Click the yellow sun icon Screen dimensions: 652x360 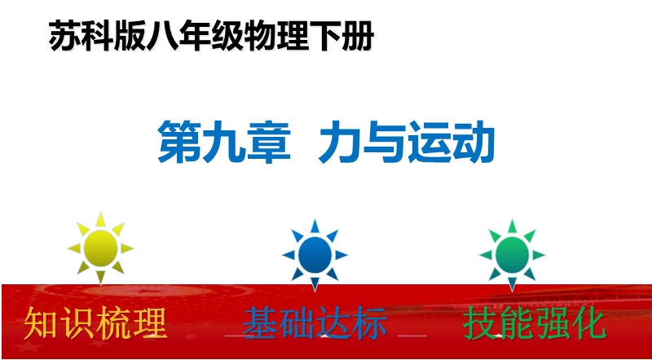100,248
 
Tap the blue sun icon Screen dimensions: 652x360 315,255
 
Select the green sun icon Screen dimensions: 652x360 512,255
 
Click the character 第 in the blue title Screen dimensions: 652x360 179,142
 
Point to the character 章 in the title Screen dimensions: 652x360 269,142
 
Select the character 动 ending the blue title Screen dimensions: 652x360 474,142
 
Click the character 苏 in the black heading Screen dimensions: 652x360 65,36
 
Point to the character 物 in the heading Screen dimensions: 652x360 260,36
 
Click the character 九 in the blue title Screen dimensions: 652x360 224,142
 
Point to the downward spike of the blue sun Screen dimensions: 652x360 315,285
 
